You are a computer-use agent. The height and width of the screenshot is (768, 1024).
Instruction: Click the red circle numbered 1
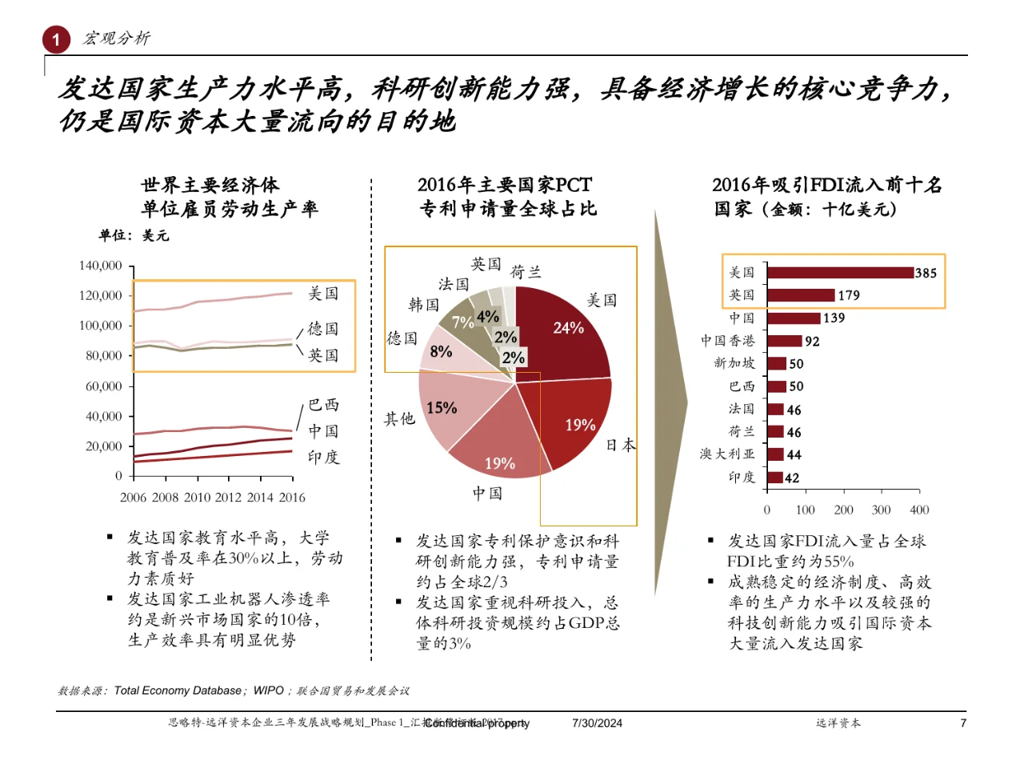(x=56, y=39)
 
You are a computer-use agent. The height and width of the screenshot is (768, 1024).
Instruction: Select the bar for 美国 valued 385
(x=840, y=273)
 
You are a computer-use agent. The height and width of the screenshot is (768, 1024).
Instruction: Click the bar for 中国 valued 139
(x=794, y=318)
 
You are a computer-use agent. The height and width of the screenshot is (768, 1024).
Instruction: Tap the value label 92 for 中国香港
(x=812, y=342)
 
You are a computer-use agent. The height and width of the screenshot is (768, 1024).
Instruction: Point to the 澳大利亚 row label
(x=727, y=454)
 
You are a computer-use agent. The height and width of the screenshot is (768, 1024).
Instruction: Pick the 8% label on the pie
(x=441, y=352)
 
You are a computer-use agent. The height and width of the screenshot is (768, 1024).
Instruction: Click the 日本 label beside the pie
(x=620, y=446)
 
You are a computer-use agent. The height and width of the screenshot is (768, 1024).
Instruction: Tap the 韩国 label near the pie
(x=424, y=305)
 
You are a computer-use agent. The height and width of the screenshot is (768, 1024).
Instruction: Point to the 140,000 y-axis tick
(x=100, y=266)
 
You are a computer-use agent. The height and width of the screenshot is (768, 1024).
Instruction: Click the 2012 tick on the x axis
(x=228, y=498)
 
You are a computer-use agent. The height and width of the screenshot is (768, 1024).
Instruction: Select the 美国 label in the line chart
(x=323, y=294)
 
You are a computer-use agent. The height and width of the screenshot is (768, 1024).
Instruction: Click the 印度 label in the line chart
(x=323, y=458)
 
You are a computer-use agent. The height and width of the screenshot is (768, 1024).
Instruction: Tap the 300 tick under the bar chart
(x=881, y=510)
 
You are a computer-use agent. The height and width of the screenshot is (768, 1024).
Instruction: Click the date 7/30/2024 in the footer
(x=597, y=723)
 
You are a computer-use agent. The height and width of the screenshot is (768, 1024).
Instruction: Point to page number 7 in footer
(x=963, y=723)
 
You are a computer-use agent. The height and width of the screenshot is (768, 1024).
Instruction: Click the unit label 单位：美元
(x=134, y=236)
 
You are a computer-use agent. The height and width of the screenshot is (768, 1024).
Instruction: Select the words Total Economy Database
(x=177, y=690)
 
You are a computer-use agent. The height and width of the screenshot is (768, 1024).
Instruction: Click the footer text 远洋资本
(x=838, y=723)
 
